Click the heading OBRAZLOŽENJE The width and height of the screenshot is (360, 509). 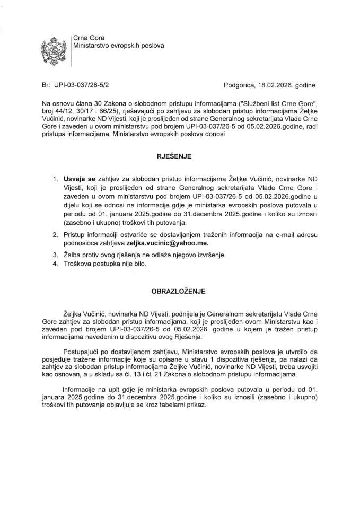coord(180,291)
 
